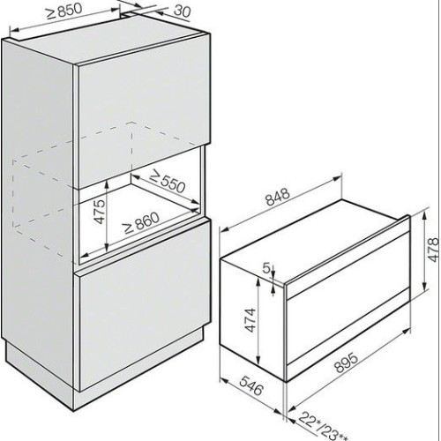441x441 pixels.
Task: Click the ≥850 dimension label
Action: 65,12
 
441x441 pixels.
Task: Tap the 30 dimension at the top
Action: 182,11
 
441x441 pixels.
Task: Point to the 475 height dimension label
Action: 100,212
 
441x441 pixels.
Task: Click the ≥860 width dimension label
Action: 141,222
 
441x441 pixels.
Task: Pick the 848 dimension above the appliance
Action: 278,197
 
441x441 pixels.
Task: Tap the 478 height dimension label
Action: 434,250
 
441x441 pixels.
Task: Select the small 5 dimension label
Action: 266,268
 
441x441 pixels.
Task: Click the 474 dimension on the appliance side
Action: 250,320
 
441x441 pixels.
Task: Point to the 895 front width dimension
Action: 347,363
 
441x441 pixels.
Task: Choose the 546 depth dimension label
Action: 250,385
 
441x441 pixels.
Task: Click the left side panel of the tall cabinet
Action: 38,206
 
